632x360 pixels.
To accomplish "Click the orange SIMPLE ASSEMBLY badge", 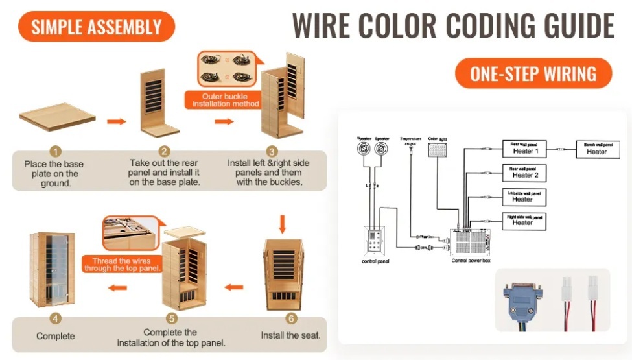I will click(x=96, y=27).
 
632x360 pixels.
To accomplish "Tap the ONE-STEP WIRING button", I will click(x=533, y=73).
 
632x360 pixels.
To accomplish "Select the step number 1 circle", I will click(x=56, y=152).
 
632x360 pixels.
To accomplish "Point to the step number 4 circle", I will click(x=56, y=319).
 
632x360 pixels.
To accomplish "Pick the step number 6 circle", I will click(x=291, y=318).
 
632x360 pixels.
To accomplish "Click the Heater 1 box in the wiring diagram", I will click(x=525, y=149).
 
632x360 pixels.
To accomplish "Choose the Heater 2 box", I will click(x=525, y=173).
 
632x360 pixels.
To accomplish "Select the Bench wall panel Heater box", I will click(x=596, y=149).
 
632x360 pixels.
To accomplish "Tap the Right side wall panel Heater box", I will click(x=524, y=220).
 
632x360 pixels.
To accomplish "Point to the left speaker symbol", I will click(x=364, y=149).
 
